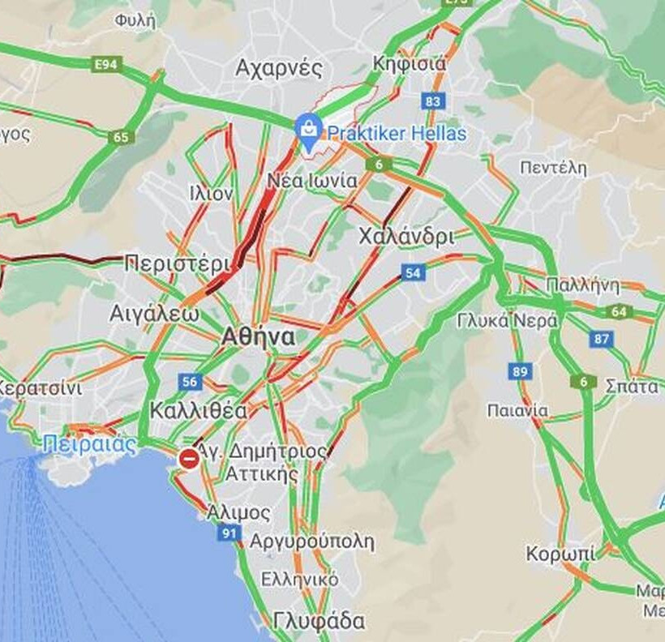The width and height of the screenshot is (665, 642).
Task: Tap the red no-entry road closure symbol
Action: [190, 459]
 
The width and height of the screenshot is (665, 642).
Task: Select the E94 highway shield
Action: [107, 64]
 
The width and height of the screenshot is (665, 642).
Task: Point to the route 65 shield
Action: [121, 137]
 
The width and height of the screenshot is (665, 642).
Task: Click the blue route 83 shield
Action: [433, 101]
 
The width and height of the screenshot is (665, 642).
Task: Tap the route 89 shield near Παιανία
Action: [521, 371]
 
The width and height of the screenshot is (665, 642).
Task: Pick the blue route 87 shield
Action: [601, 339]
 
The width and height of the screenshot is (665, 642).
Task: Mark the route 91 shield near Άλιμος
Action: [229, 533]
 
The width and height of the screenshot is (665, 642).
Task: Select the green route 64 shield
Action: [620, 311]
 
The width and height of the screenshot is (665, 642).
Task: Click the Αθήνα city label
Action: [260, 337]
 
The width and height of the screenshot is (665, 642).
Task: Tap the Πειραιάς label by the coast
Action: [89, 444]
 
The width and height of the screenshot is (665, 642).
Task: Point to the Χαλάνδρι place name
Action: [406, 238]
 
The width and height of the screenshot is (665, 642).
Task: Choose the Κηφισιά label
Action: [409, 64]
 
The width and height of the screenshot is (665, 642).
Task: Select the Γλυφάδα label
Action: [319, 621]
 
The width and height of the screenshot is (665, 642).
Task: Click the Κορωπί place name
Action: [560, 554]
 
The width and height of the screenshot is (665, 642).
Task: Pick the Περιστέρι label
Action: [178, 263]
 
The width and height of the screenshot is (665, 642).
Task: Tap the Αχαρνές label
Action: [278, 68]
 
